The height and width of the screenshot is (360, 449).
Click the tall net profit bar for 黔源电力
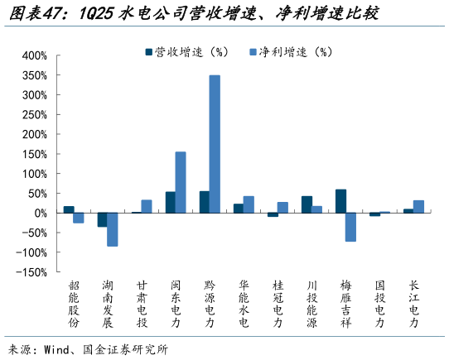(x=215, y=144)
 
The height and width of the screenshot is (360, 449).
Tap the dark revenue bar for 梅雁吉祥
(x=340, y=201)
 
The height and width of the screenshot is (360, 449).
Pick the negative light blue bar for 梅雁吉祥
(x=350, y=227)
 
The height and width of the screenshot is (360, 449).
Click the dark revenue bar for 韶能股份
(x=69, y=209)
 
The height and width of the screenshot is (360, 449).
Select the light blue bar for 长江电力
(x=418, y=206)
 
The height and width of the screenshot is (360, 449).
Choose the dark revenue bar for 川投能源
(x=307, y=204)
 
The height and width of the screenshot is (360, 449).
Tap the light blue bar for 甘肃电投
(x=147, y=206)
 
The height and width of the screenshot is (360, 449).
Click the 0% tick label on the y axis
(x=40, y=213)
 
